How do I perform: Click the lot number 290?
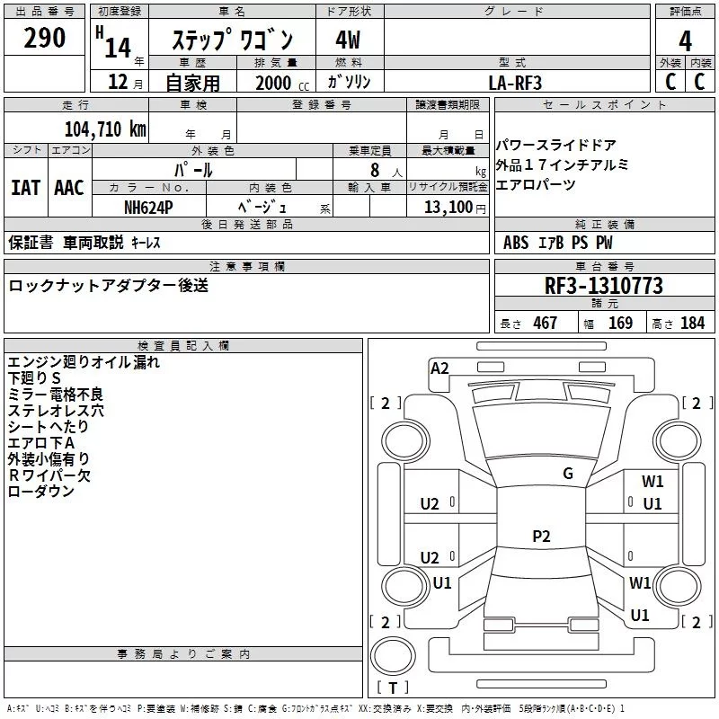click(44, 38)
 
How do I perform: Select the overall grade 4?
click(685, 40)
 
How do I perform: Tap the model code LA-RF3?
click(515, 83)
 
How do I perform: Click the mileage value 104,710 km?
click(105, 129)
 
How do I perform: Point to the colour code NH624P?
click(148, 208)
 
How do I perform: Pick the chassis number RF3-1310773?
click(603, 286)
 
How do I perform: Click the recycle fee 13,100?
click(448, 208)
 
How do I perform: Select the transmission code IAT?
click(25, 188)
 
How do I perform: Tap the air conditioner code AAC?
click(69, 188)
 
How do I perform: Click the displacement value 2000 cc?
click(282, 83)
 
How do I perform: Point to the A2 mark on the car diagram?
click(439, 368)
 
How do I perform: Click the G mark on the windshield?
click(568, 474)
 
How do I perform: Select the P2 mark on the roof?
click(541, 536)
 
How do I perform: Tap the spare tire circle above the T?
click(393, 656)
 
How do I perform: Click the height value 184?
click(692, 324)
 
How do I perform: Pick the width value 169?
click(620, 324)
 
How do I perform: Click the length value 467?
click(546, 324)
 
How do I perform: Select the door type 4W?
click(348, 40)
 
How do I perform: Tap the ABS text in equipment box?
click(516, 243)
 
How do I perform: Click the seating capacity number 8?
click(375, 170)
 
